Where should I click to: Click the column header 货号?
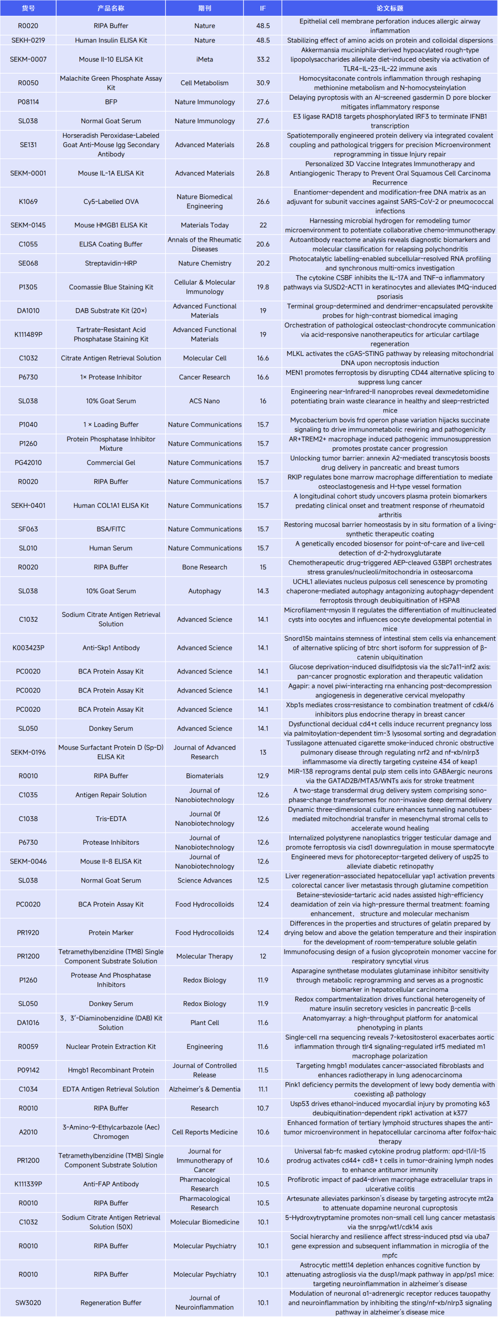point(28,8)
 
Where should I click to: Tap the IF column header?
point(263,8)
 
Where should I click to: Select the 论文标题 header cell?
point(390,8)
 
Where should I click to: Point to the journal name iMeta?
point(205,60)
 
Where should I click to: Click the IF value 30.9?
point(263,83)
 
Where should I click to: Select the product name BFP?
point(111,102)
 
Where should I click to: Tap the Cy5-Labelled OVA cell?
point(111,202)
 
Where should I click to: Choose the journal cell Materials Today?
point(205,225)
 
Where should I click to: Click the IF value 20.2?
point(263,263)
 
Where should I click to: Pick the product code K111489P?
point(28,334)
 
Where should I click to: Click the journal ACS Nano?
point(205,401)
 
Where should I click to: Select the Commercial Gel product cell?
point(111,463)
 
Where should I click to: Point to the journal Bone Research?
point(205,567)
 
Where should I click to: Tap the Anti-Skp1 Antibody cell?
point(111,648)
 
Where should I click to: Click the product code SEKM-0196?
point(28,752)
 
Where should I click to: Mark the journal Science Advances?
point(205,881)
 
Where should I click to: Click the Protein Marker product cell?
point(111,933)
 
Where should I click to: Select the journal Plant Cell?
point(205,1023)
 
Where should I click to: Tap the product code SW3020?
point(28,1303)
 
